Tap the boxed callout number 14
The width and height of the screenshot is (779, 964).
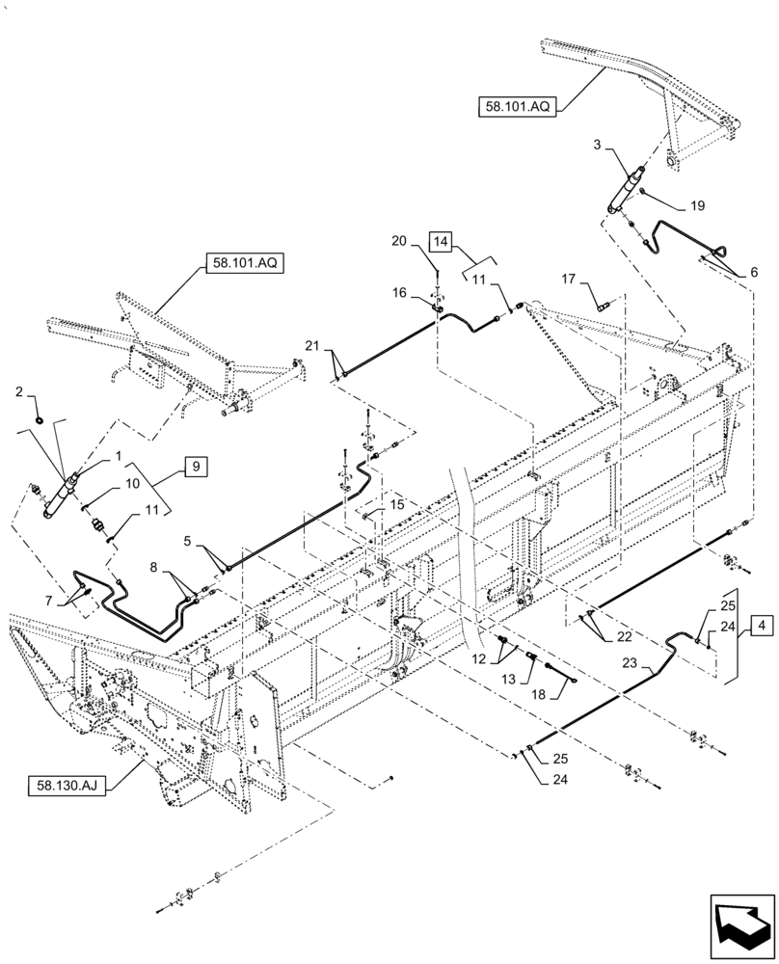440,241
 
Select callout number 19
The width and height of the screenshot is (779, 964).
696,205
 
